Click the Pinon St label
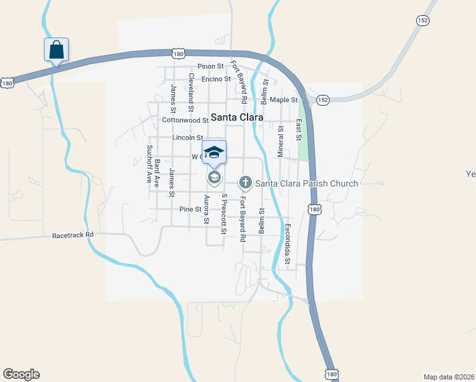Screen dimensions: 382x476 coord(211,66)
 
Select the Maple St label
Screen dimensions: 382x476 coord(283,100)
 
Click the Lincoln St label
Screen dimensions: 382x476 coord(187,138)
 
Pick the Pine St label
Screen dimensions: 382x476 coord(190,209)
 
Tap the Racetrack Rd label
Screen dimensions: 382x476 coord(73,234)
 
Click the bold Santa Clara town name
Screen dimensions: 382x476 coord(237,117)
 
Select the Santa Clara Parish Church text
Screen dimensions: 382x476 coord(307,183)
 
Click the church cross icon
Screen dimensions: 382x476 coord(245,183)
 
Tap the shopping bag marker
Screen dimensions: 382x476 coord(56,49)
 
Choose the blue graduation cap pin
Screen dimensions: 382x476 coord(214,153)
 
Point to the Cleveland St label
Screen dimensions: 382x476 coord(191,88)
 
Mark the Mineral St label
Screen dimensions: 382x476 coord(280,141)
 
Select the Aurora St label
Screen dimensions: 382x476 coord(206,209)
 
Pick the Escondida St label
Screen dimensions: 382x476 coord(287,244)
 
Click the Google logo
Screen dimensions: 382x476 coord(21,374)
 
